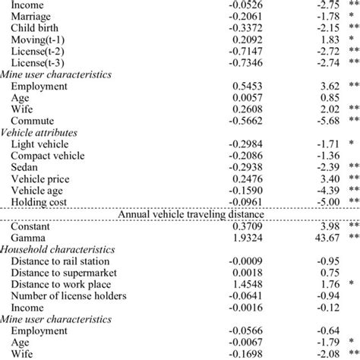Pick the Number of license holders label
tap(70, 295)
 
